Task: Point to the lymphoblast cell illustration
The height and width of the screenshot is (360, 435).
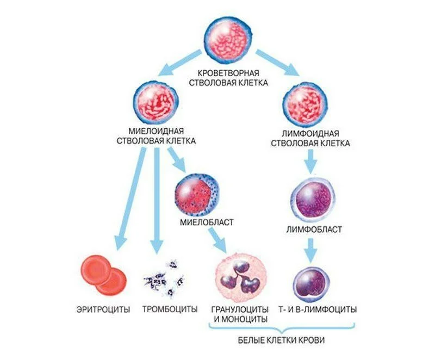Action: (312, 201)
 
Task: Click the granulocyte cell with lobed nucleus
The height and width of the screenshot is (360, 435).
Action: (241, 277)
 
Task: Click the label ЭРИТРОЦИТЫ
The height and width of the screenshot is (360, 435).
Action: (103, 309)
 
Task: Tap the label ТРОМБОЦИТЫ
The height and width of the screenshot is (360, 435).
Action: (170, 309)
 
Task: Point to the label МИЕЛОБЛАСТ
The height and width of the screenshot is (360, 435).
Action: (207, 222)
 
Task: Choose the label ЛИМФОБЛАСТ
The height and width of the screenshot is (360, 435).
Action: (314, 229)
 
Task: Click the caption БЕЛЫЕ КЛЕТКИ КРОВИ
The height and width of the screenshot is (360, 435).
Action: (281, 340)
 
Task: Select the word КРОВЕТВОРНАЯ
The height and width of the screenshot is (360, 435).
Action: (228, 73)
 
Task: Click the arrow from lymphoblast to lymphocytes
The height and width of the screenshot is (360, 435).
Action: (310, 250)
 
